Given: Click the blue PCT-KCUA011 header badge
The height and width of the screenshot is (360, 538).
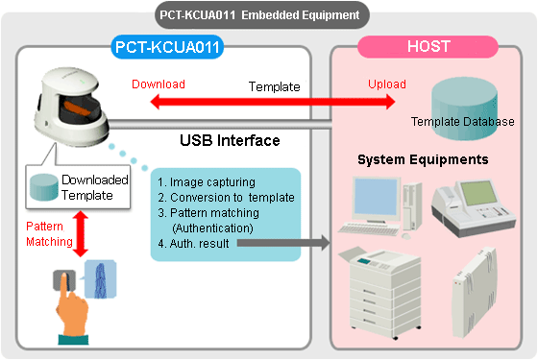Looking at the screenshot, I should (161, 45).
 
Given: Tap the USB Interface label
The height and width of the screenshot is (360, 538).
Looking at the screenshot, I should (230, 141).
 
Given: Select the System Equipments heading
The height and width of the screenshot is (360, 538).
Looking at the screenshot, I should (422, 158).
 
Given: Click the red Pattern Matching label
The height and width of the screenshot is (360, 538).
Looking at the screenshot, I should (46, 234).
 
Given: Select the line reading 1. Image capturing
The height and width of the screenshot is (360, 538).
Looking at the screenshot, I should (206, 180).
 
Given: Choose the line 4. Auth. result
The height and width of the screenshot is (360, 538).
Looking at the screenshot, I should (198, 243).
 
